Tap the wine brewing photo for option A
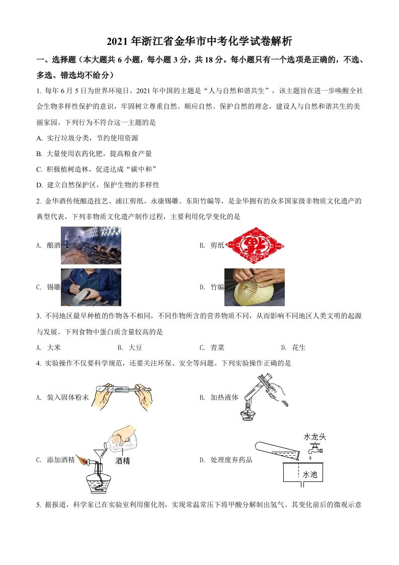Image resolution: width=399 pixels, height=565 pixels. pos(91,245)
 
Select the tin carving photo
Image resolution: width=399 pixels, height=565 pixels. pos(91,287)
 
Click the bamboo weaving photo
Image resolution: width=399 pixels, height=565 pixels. pos(254,287)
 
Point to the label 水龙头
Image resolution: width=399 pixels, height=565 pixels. pos(314,437)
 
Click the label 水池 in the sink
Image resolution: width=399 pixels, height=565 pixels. pos(311,474)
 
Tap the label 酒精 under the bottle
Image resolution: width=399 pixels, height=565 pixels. pos(122,460)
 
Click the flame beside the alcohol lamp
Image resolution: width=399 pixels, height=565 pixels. pos(82,460)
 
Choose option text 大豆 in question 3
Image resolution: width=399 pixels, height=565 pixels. pos(135,347)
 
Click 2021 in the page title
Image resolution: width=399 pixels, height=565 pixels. pos(118,41)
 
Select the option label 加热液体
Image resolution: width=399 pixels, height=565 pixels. pos(224,397)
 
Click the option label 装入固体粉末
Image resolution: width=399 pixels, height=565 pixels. pos(67,397)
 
